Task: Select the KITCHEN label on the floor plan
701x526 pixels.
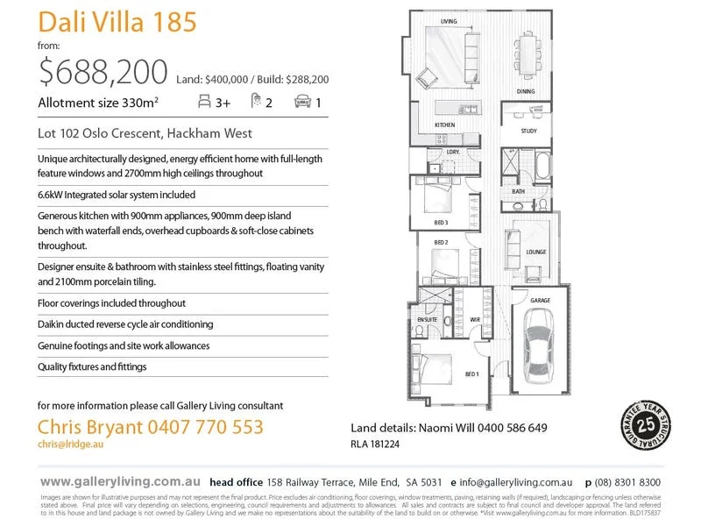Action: pos(445,126)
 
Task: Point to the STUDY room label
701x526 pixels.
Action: pos(528,131)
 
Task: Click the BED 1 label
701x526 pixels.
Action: pos(471,374)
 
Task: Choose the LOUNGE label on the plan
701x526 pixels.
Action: pos(535,252)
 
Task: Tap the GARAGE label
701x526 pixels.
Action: pos(540,301)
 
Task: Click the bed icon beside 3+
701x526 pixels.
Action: pos(205,102)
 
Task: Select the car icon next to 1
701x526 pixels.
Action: pos(302,102)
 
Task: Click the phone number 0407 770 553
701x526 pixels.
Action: pos(211,427)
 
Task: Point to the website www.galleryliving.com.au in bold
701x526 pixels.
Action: pos(121,482)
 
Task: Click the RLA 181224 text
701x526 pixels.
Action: pos(375,444)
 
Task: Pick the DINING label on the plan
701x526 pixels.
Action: pos(525,92)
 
